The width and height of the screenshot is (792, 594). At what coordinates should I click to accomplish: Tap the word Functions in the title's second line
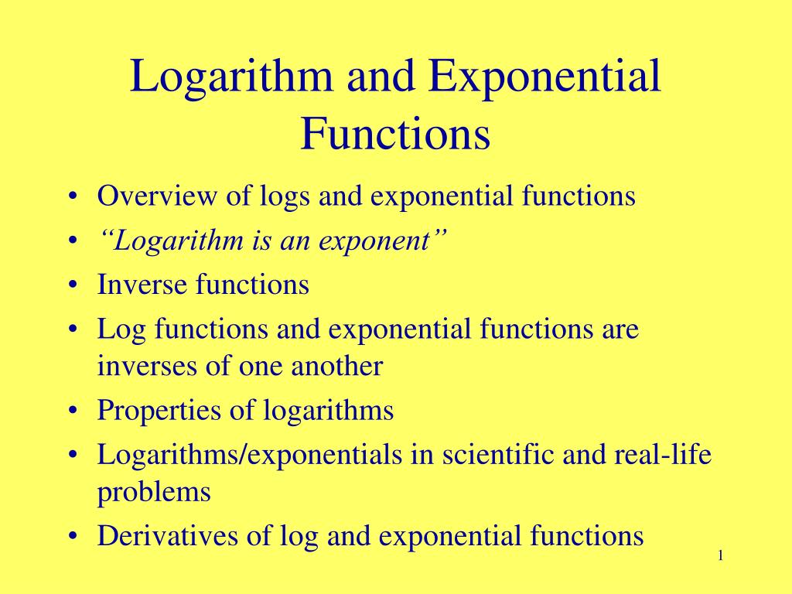click(395, 133)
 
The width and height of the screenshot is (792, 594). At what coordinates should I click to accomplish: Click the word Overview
click(158, 196)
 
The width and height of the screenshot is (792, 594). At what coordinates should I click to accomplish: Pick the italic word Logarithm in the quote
click(171, 241)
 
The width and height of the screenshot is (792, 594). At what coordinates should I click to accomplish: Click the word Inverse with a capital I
click(142, 285)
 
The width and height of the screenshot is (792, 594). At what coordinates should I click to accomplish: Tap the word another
click(336, 366)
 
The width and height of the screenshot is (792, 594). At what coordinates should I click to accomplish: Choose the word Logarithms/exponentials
click(247, 455)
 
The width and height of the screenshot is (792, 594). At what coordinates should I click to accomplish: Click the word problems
click(154, 493)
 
